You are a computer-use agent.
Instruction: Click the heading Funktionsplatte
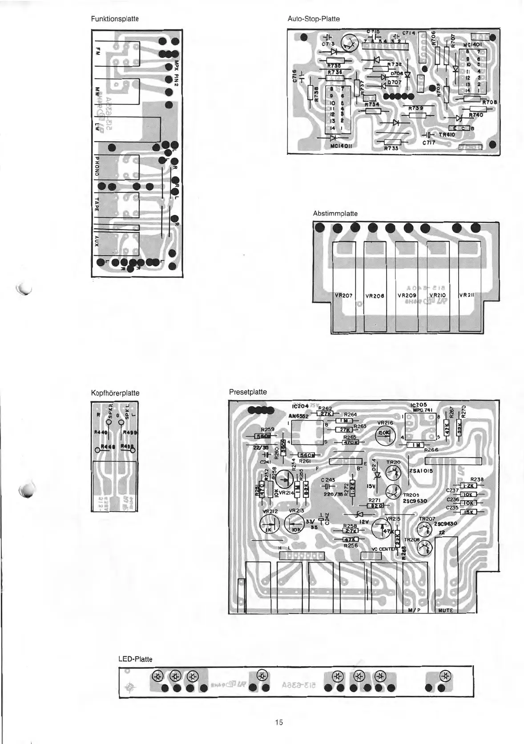point(115,19)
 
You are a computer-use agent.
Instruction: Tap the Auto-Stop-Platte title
point(314,19)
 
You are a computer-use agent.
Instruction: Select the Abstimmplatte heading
point(335,214)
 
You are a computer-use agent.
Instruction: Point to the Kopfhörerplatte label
point(115,393)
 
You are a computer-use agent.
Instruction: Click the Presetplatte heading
point(248,392)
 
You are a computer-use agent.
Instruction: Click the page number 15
point(279,722)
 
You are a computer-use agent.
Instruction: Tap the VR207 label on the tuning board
point(343,295)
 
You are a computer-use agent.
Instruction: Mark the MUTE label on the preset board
point(445,611)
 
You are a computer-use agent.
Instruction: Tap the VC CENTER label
point(384,549)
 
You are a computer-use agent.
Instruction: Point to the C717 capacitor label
point(429,143)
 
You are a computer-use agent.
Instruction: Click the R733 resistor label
point(391,149)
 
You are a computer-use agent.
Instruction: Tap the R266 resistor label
point(431,450)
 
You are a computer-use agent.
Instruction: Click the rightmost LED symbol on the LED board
point(444,675)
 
